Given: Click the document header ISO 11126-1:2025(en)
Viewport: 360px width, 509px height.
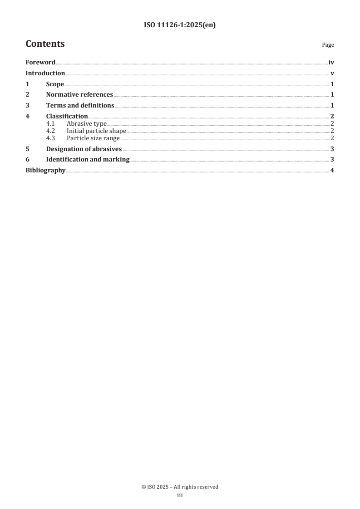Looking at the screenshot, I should (180, 25).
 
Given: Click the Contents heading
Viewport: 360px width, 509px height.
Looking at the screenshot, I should (45, 44).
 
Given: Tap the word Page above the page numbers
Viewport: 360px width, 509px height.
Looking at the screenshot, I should (328, 45).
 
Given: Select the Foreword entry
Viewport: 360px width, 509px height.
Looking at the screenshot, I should (40, 63).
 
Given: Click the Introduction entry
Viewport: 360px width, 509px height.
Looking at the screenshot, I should (45, 73).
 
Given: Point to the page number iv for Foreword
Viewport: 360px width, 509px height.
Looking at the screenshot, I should (331, 63).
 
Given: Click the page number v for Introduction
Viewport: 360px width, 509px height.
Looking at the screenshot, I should (332, 73).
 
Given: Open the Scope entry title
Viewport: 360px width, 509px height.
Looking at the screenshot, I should (55, 84).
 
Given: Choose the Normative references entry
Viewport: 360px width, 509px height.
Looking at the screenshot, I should (79, 95).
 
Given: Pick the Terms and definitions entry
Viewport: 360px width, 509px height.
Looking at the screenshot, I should (80, 106).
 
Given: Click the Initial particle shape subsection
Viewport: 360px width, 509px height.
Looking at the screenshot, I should (96, 131).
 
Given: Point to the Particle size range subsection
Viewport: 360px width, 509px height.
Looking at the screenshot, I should (94, 138).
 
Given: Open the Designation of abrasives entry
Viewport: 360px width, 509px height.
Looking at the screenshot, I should (84, 149).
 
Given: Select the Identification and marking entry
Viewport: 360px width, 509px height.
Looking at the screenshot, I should (88, 160).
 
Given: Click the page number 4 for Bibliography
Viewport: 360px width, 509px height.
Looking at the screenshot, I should (332, 171).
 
